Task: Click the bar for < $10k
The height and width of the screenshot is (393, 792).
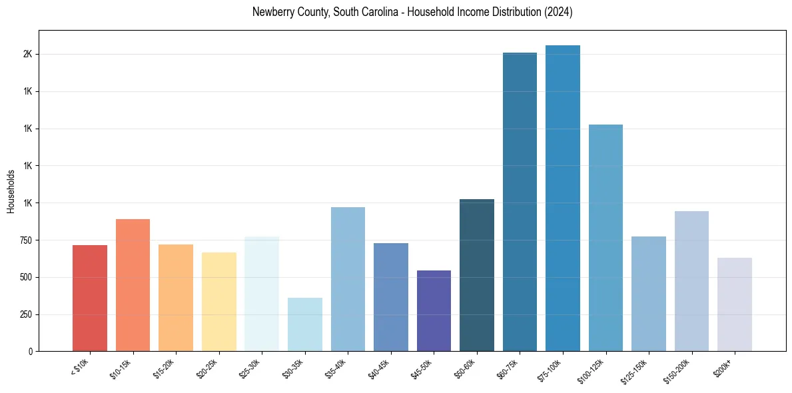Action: (90, 298)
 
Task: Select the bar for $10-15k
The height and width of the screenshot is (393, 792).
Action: (133, 285)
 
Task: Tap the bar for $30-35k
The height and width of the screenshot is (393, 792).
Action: (304, 324)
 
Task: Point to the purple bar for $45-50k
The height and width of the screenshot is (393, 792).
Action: (434, 311)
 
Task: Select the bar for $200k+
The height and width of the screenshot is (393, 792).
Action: (734, 304)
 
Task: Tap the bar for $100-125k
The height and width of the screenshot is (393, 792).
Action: (605, 238)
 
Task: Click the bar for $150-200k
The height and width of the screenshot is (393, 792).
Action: (691, 281)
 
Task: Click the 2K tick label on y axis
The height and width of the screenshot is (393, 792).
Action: (27, 54)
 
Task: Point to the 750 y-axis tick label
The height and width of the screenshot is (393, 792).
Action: (25, 240)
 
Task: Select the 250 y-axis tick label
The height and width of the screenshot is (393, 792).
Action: (25, 314)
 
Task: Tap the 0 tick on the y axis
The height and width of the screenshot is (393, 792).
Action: (31, 351)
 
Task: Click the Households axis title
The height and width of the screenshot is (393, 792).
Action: (11, 191)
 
